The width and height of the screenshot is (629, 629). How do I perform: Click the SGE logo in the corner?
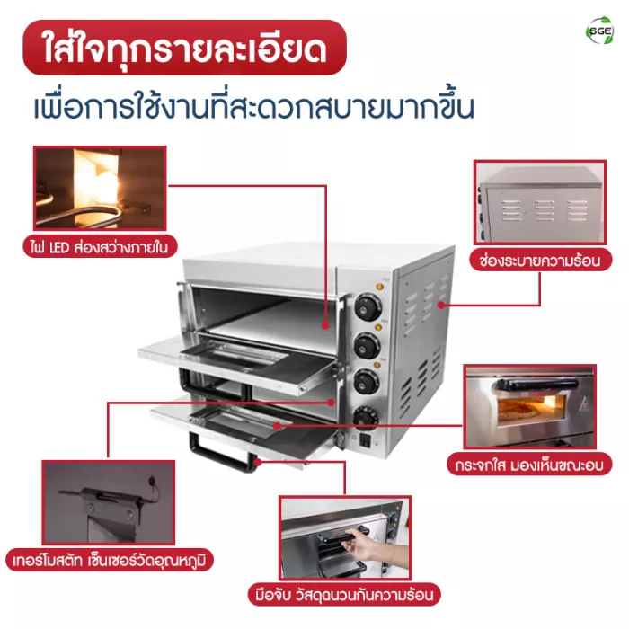[599, 31]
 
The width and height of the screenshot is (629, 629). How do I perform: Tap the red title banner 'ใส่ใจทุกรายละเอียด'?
[184, 48]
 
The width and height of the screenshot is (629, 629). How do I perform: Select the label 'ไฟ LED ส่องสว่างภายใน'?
[100, 246]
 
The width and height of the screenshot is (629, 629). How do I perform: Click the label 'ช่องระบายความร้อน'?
[540, 261]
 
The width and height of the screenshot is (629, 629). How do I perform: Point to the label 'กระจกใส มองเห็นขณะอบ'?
[529, 465]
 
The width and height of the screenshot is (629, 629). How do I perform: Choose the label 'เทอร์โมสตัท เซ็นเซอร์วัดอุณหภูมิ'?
[110, 560]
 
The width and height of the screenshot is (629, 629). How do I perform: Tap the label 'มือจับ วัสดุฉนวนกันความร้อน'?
[344, 595]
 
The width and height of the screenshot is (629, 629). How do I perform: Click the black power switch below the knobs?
[365, 440]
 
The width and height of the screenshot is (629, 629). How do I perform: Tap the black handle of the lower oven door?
[223, 453]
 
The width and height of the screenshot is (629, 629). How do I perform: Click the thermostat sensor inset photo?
[109, 502]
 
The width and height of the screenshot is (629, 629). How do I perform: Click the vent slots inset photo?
[540, 202]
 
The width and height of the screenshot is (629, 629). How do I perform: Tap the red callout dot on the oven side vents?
[441, 305]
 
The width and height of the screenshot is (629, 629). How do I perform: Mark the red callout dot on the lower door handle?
[258, 462]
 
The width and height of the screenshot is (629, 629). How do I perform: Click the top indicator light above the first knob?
[379, 287]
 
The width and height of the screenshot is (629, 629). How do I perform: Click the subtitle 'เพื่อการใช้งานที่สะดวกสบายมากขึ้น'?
[253, 106]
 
